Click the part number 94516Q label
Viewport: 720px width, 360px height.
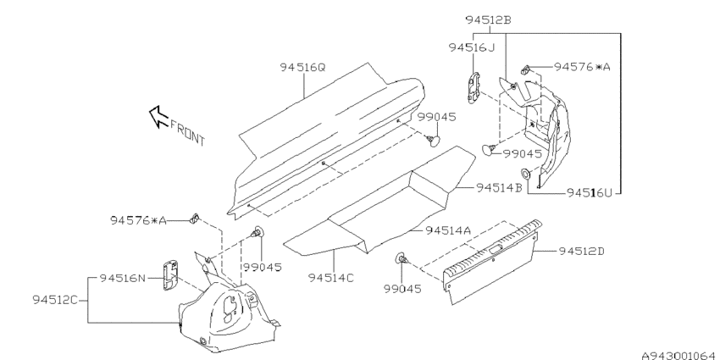point(302,68)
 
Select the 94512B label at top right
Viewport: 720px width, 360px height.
point(489,20)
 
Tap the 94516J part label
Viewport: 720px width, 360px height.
point(472,47)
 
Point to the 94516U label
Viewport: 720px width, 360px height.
point(590,193)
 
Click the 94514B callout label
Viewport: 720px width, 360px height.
point(499,188)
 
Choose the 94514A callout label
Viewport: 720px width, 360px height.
point(448,230)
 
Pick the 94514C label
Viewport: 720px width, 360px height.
point(331,278)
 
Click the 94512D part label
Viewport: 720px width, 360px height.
point(582,252)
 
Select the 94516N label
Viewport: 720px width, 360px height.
point(123,278)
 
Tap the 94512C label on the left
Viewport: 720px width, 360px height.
point(55,300)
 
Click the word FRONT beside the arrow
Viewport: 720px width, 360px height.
point(187,132)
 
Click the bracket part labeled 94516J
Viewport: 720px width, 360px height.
point(474,87)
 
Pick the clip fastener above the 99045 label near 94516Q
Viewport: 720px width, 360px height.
point(433,140)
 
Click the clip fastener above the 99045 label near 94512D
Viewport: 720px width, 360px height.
point(401,259)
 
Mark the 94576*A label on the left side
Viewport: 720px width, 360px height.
point(138,220)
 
